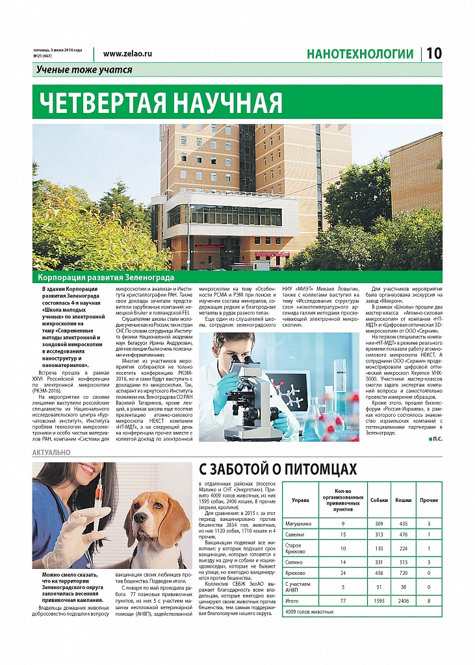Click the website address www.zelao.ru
127,55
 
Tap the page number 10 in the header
433,54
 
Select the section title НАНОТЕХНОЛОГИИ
360,55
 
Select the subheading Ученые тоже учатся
84,70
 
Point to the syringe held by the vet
97,501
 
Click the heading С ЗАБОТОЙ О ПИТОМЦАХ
277,469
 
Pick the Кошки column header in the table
404,500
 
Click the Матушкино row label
299,523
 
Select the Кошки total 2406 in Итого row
404,601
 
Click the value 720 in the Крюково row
404,573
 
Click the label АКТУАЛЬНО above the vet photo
50,451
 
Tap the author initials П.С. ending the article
436,440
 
